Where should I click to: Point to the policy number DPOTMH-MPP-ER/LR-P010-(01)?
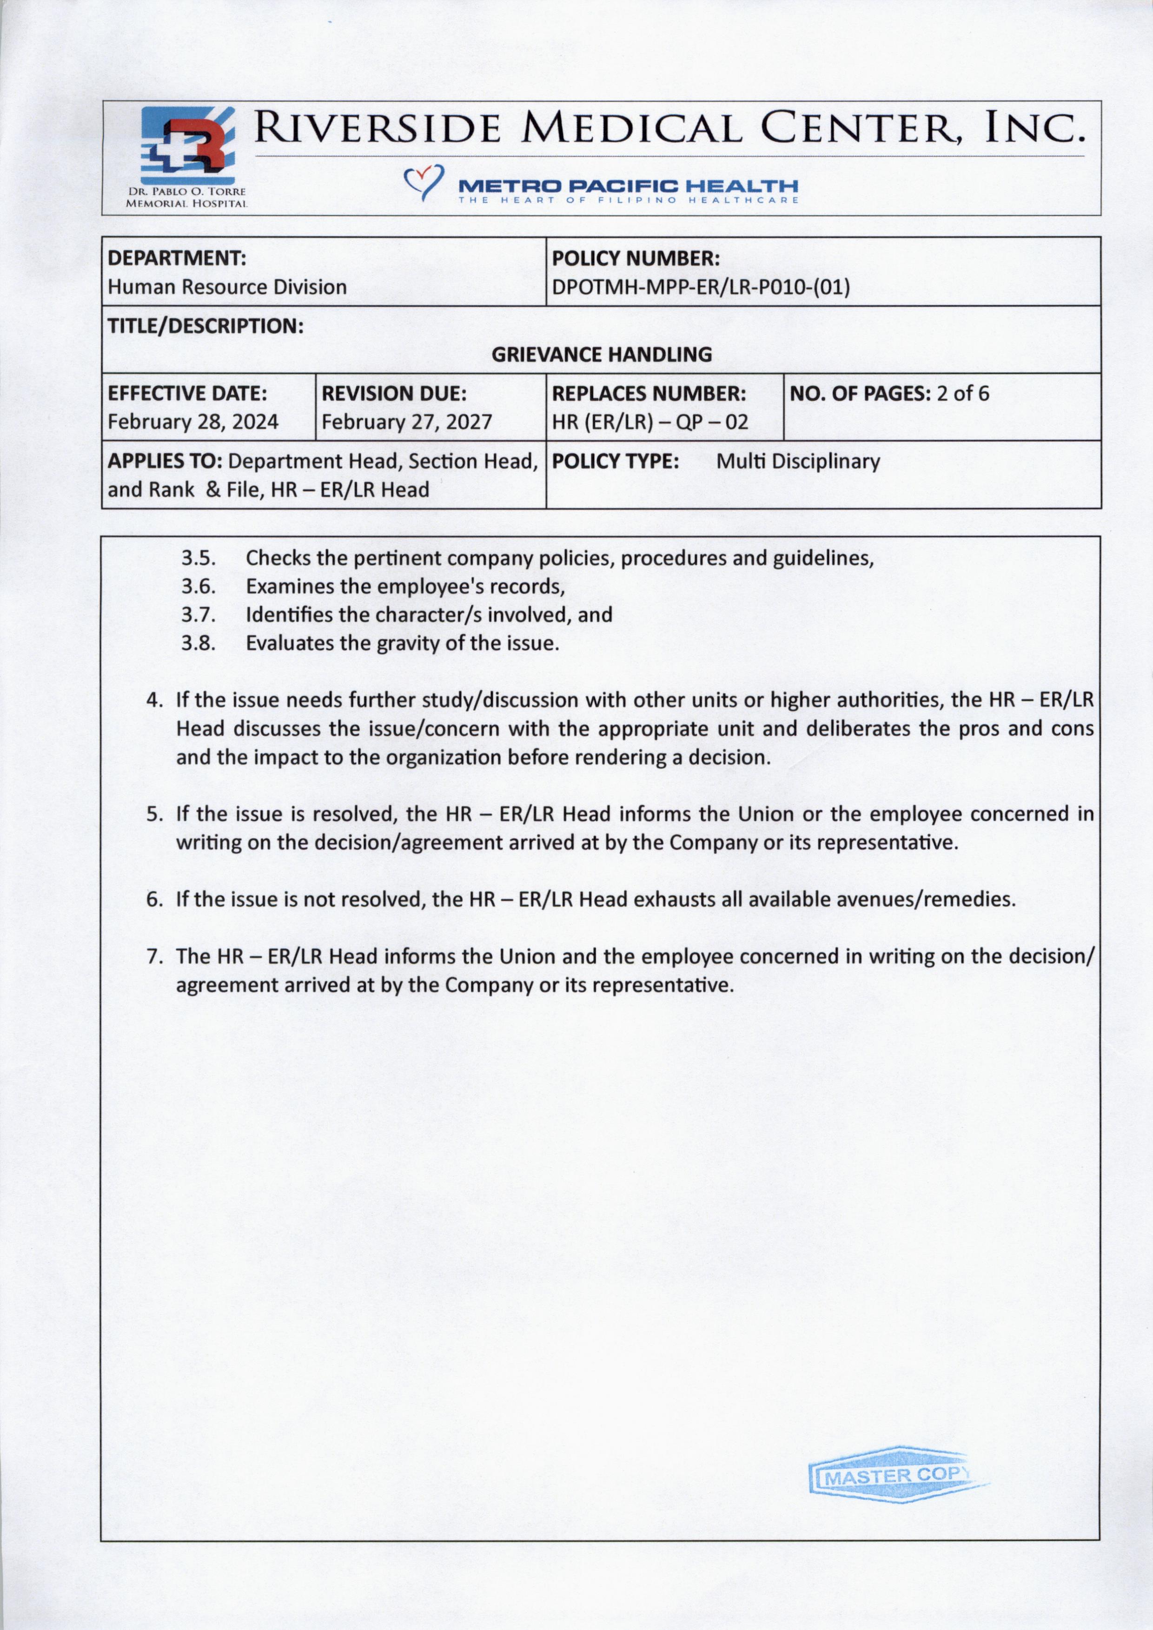click(x=701, y=288)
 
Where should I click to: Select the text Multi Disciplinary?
click(x=797, y=462)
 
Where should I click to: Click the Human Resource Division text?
click(x=227, y=288)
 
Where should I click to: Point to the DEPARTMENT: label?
click(x=177, y=257)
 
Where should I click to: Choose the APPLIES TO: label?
click(x=166, y=462)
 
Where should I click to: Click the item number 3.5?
click(x=198, y=558)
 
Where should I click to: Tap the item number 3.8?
click(x=198, y=643)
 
